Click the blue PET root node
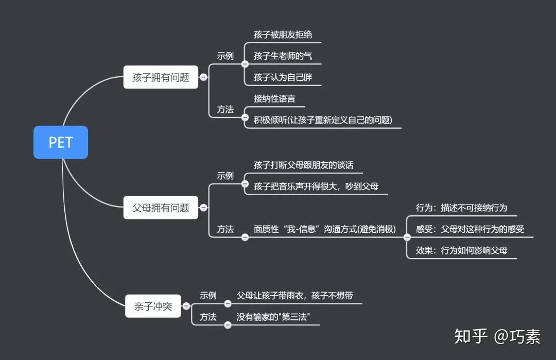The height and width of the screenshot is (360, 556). coord(61,142)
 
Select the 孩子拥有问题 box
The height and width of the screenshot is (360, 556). coord(161,78)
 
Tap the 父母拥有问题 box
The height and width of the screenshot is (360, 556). coord(161,208)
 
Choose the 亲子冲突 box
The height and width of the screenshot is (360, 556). coord(153,306)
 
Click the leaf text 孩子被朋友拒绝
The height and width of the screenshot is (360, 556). coord(283,35)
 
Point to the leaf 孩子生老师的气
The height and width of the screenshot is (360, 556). coord(283,56)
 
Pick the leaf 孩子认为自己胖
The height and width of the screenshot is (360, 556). coord(283,78)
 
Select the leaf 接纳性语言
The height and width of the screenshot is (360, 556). coord(274,98)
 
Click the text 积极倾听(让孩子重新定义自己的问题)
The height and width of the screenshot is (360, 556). coord(323,120)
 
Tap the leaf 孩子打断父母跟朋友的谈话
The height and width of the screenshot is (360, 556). coord(304,165)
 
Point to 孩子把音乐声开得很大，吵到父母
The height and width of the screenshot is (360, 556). coord(316,186)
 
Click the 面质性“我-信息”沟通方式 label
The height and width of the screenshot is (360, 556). coord(325,229)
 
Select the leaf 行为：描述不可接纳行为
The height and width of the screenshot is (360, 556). coord(461,208)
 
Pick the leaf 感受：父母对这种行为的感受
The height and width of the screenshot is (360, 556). coord(470,229)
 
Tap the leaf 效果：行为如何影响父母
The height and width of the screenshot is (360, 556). coord(461,251)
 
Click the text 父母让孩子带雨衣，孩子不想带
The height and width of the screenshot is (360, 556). coord(294,296)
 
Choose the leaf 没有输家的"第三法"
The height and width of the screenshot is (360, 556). coord(273,317)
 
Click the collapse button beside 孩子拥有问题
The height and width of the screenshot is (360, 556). coord(203,77)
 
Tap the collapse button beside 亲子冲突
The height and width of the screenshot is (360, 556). coord(186,306)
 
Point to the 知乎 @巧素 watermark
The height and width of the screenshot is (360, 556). coord(497,337)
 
